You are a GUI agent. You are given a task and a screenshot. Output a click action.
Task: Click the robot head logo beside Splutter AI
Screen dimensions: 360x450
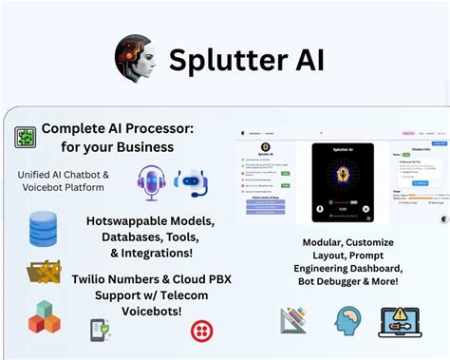[135, 56]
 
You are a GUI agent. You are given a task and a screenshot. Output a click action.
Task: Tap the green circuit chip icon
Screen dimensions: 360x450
[25, 137]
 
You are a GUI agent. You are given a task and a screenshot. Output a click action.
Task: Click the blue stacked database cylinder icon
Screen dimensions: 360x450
[43, 229]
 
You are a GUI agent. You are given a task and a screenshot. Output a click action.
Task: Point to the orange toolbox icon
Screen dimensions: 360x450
[44, 274]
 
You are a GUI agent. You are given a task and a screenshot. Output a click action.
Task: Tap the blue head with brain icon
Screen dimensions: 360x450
[348, 321]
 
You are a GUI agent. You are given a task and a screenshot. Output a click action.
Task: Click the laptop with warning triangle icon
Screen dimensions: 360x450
[401, 321]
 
